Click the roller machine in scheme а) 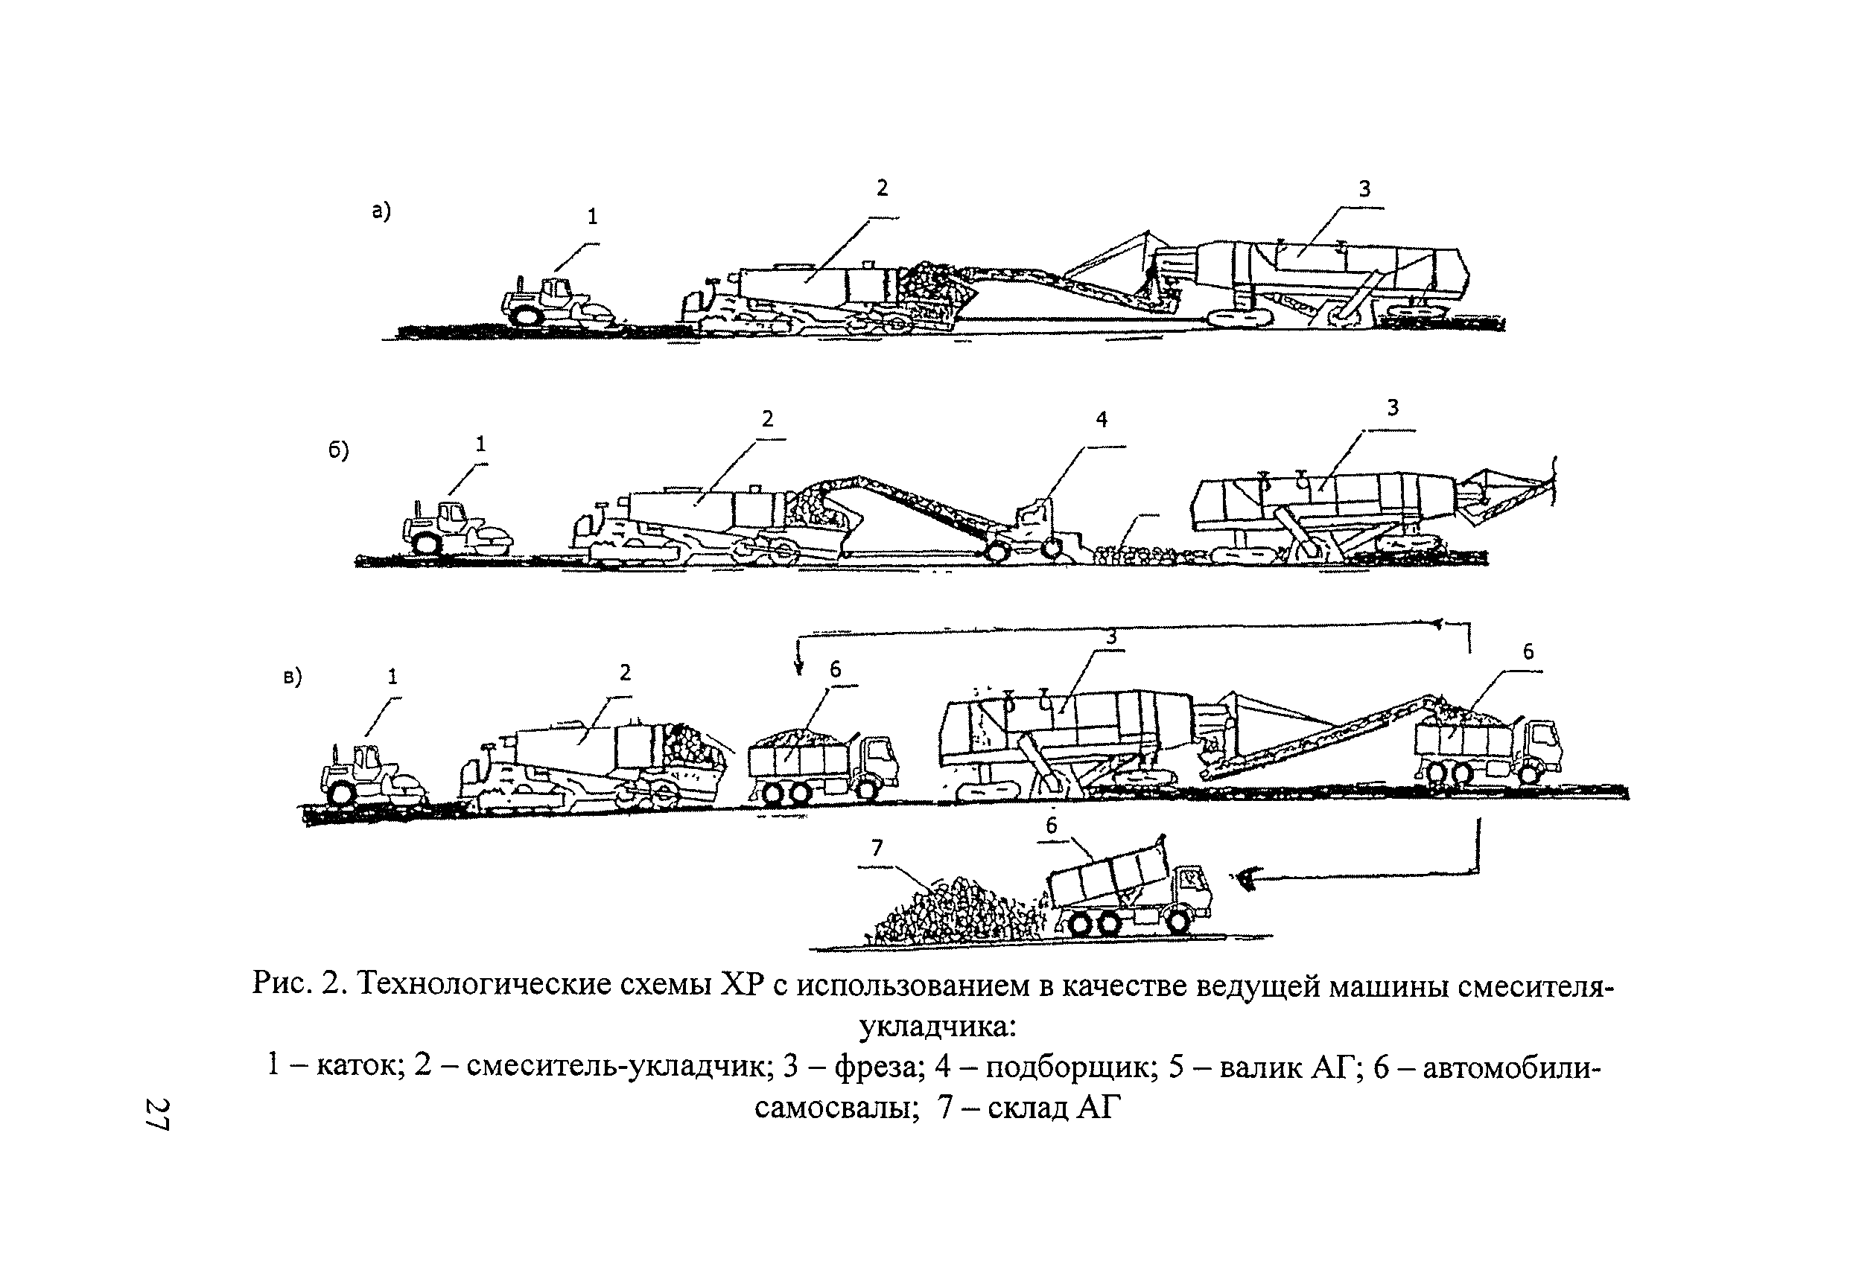(558, 303)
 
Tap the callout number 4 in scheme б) (1101, 419)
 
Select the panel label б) (338, 451)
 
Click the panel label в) (293, 677)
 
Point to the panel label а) (381, 211)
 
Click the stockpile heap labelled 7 (957, 913)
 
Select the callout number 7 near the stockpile (877, 848)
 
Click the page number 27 (157, 1114)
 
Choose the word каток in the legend (357, 1066)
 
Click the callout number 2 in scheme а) (882, 188)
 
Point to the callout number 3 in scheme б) (1392, 408)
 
